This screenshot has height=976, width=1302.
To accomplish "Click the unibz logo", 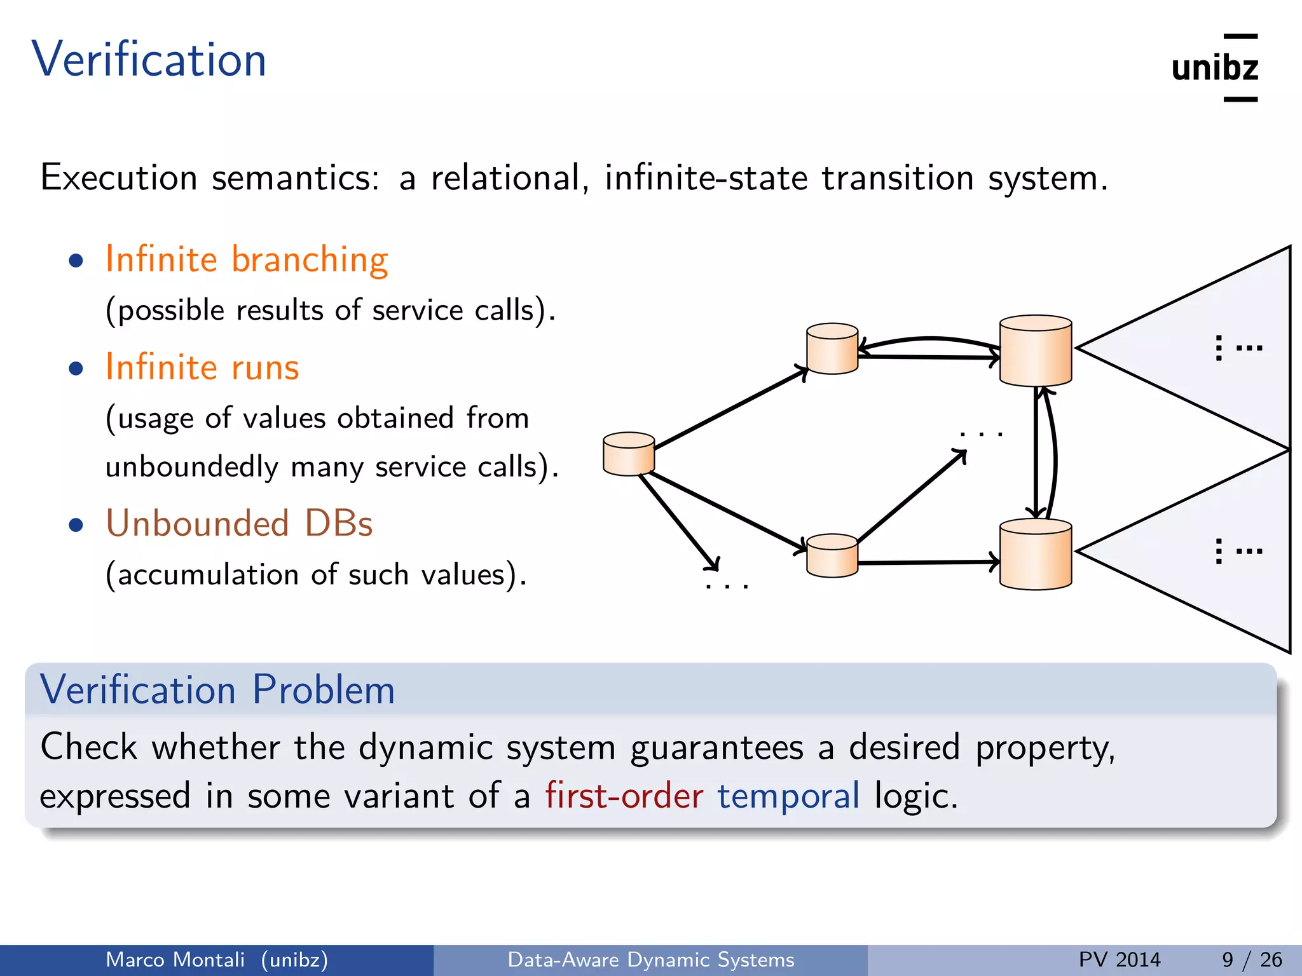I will coord(1215,67).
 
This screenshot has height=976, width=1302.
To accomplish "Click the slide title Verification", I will coord(149,59).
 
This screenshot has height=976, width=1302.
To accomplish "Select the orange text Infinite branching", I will coord(247,260).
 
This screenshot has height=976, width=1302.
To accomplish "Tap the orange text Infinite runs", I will coord(202,368).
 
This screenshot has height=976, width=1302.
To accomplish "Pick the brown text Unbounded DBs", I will coord(239,524).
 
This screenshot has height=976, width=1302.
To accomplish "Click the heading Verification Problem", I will coord(217,690).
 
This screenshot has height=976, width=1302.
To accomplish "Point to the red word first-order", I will coord(624,796).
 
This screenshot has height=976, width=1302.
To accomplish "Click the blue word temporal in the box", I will coord(788,796).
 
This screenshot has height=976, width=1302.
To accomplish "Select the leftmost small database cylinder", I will coord(629,454).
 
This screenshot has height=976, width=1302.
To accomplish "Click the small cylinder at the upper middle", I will coord(832,349).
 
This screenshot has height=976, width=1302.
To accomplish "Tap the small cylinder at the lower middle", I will coord(832,555).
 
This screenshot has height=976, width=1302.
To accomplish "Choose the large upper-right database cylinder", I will coord(1036,351).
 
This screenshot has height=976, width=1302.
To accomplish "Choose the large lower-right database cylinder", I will coord(1036,554).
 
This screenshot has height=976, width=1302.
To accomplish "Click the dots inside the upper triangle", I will coord(1238,348).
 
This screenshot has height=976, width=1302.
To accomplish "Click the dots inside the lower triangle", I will coord(1238,551).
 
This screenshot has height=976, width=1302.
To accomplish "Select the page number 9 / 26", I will coord(1252,959).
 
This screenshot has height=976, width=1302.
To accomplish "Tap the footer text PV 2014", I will coord(1120,959).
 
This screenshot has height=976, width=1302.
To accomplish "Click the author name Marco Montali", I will coord(175,959).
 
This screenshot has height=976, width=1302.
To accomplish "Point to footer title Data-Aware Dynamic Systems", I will coord(651,959).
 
